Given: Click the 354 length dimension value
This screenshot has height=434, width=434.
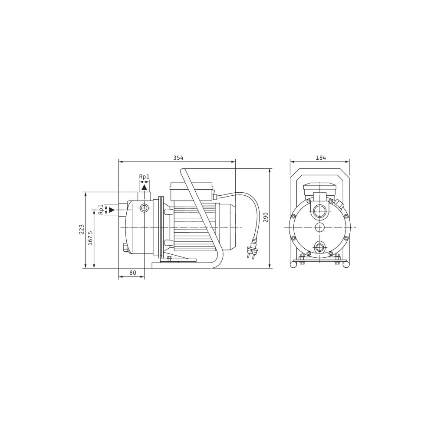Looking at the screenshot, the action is (178, 158).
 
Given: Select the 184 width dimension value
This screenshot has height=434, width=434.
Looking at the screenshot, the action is (321, 158).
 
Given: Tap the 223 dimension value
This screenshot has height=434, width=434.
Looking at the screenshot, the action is (82, 229).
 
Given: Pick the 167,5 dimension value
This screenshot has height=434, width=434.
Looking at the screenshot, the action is (90, 237).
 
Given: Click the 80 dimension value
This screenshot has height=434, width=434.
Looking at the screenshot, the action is (133, 273).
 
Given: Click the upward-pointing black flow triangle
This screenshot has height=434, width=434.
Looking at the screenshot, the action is (144, 187).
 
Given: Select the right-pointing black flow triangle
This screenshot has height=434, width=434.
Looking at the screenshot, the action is (112, 210).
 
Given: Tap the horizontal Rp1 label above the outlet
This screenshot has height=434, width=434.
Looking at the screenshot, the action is (144, 177).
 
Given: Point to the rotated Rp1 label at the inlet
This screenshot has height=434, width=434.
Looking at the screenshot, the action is (101, 210).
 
